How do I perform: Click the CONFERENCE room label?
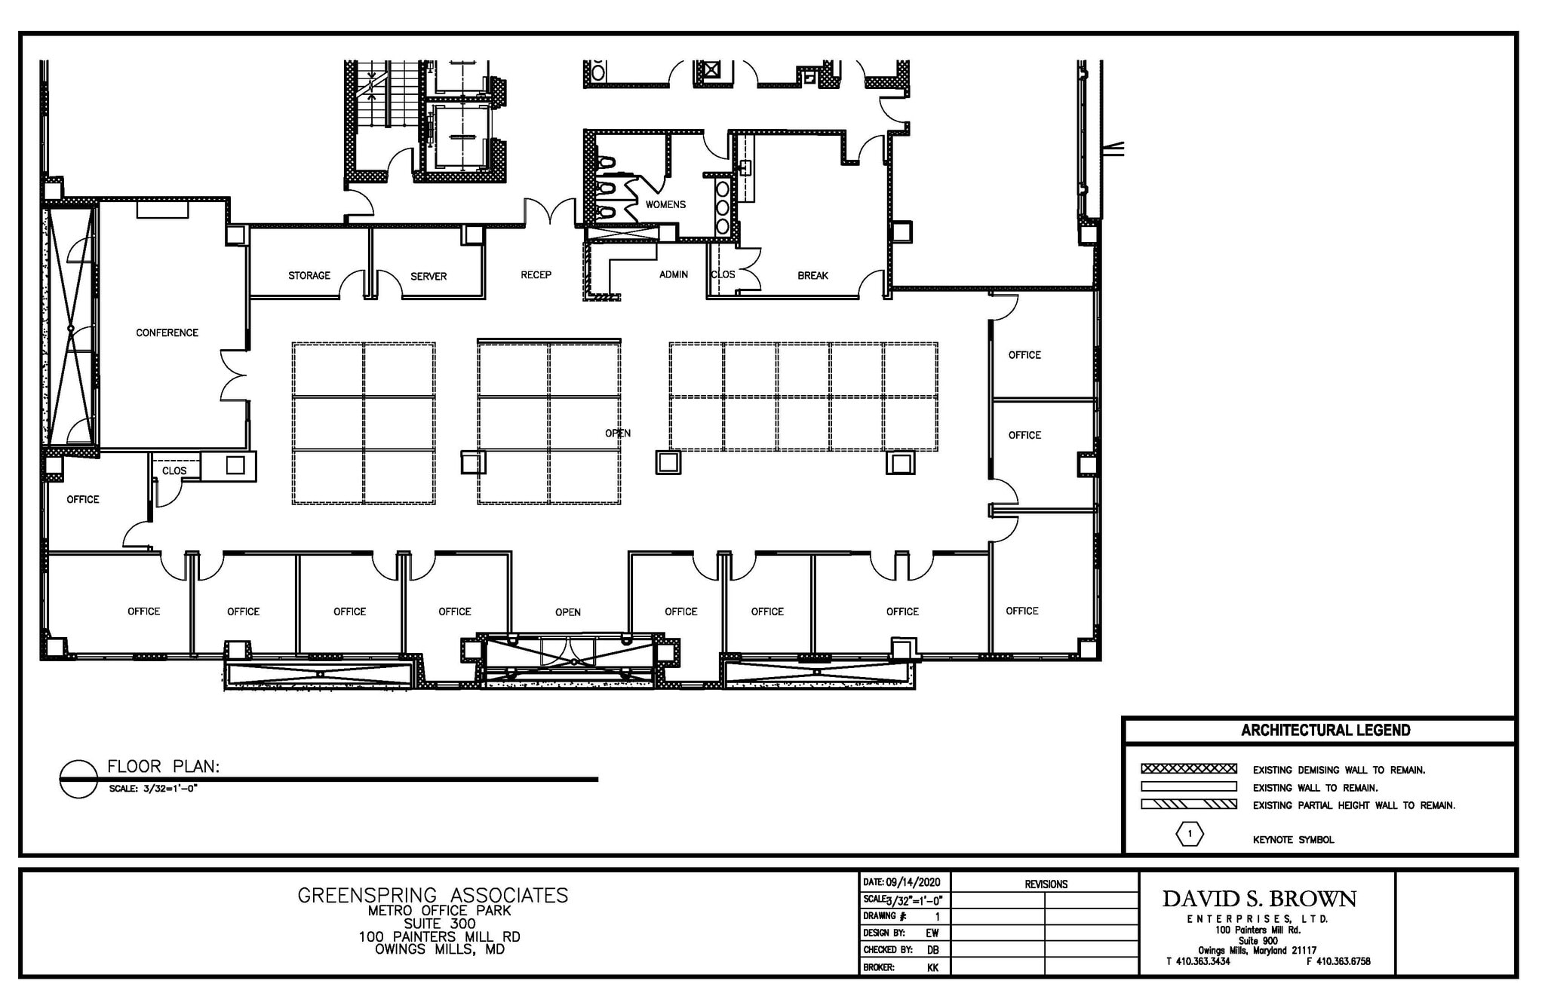(167, 332)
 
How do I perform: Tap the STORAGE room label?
(309, 275)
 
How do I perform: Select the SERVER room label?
(428, 276)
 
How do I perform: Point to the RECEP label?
(536, 274)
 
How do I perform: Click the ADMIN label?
(674, 274)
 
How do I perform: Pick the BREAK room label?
(812, 275)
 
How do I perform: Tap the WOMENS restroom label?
(665, 204)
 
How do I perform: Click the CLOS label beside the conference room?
(174, 470)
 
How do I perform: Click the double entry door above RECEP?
(551, 212)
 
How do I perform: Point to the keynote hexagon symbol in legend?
(1190, 834)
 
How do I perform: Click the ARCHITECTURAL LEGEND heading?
(1325, 730)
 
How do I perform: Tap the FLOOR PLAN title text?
(163, 767)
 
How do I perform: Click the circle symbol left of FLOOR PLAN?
(78, 778)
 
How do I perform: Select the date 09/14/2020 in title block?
(913, 882)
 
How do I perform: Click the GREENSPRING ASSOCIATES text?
(433, 895)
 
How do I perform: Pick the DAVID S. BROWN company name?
(1259, 899)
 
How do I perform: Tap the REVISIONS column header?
(1046, 884)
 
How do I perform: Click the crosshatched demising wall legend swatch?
(1189, 769)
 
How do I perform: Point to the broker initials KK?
(932, 967)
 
